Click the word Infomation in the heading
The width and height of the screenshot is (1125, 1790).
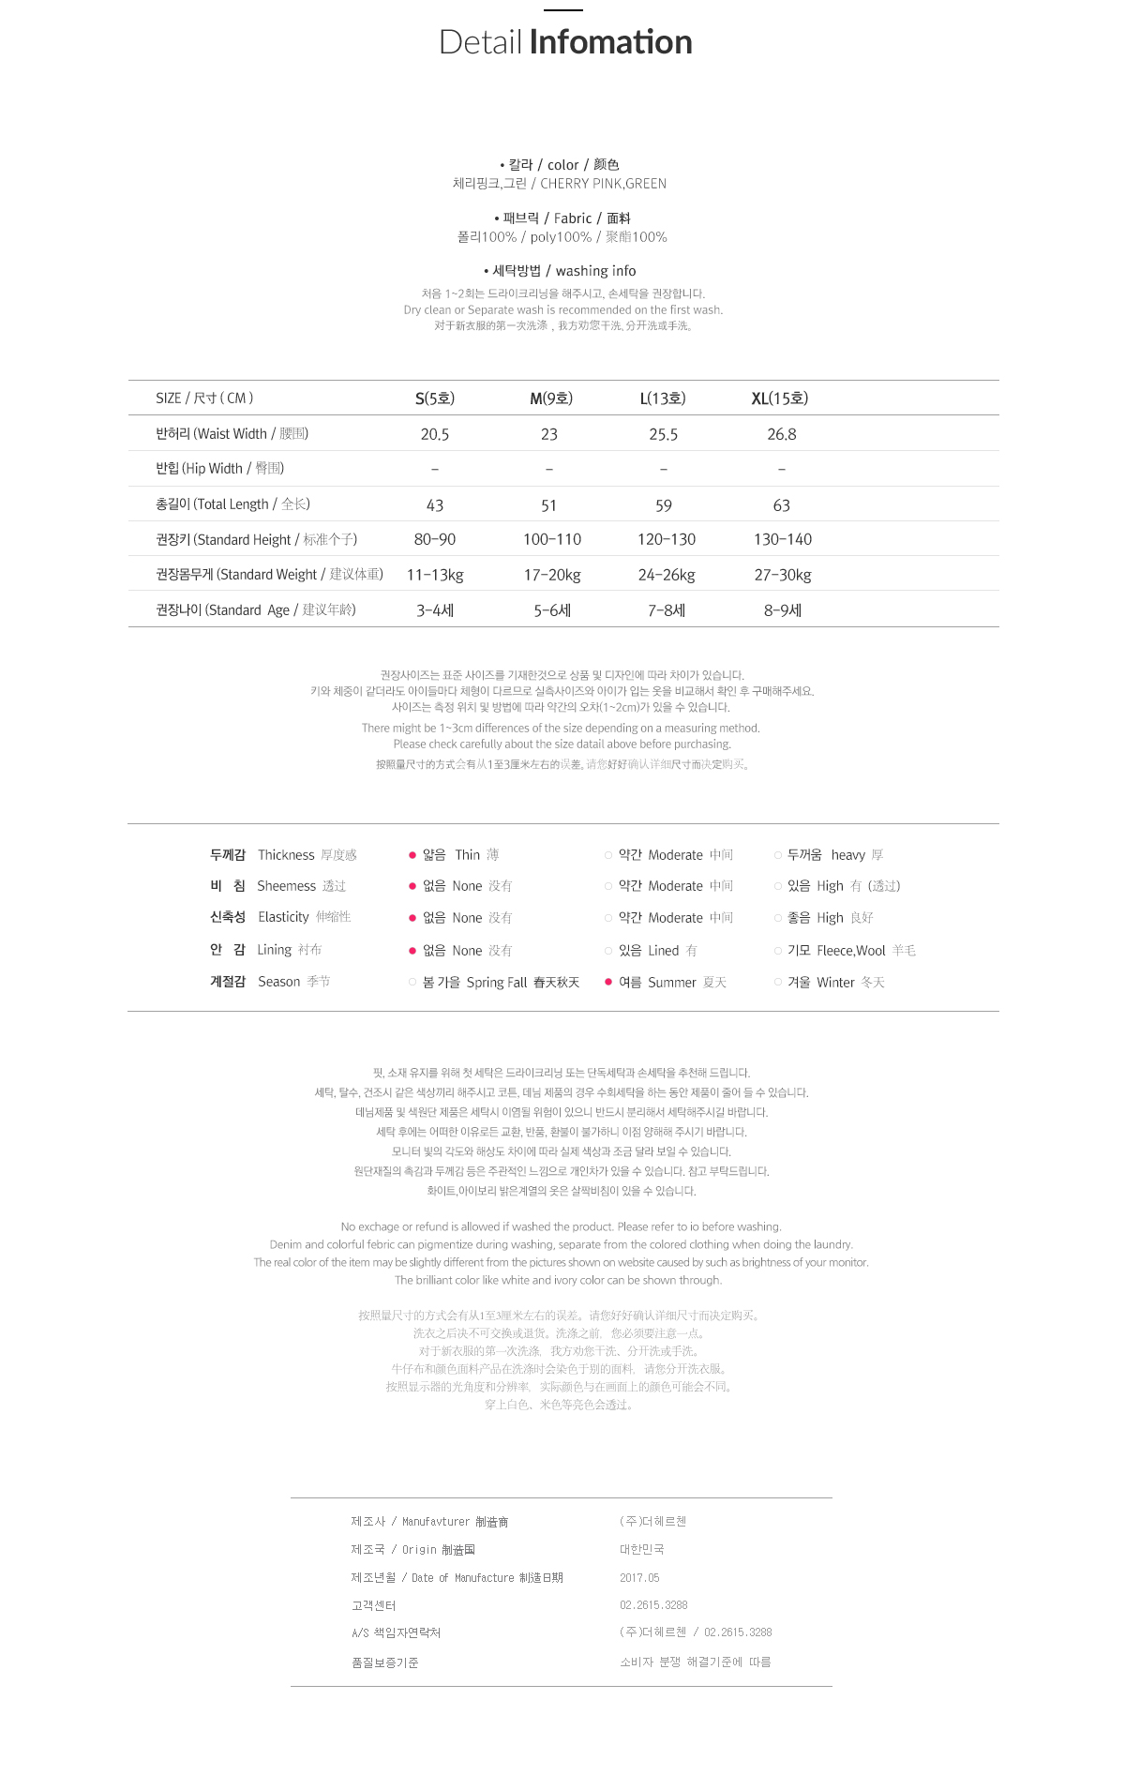610,42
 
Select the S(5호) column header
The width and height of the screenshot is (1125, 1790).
435,399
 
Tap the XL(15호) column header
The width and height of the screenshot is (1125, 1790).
779,399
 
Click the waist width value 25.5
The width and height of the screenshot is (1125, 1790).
663,434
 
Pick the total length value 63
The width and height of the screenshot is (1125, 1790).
781,505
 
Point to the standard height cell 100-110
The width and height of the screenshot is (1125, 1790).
551,539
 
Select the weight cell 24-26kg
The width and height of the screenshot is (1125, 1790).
666,575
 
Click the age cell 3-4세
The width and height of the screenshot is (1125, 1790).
435,610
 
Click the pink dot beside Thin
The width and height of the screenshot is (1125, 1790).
412,855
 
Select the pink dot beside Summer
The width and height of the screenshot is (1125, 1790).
608,982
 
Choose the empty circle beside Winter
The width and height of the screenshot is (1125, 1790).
778,982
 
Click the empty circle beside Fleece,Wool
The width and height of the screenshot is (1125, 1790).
778,951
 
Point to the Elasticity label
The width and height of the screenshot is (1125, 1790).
283,917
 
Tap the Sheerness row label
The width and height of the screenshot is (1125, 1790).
286,886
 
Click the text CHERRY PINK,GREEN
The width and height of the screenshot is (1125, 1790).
603,184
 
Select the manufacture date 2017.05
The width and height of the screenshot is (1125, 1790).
639,1578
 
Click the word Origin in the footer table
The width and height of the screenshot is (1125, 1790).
419,1550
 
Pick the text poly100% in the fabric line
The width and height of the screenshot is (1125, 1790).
561,237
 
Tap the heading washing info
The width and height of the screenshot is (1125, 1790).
595,271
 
